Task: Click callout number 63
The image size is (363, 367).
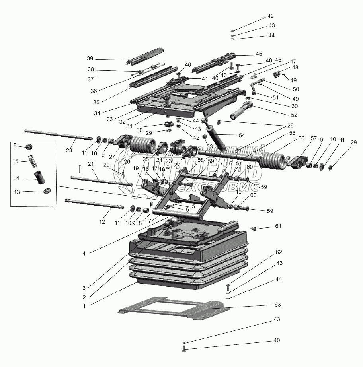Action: pos(277,305)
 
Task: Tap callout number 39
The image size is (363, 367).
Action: pos(90,58)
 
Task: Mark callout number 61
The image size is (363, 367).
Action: pos(277,226)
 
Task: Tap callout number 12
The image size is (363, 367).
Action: pos(102,222)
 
